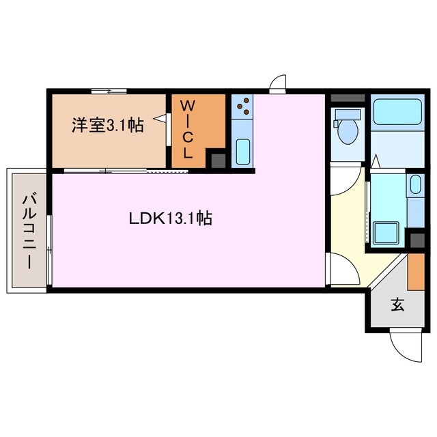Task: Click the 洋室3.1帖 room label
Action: (x=108, y=126)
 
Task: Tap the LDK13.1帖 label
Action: (x=170, y=218)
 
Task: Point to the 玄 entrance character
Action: (x=397, y=305)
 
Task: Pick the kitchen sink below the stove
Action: (x=243, y=151)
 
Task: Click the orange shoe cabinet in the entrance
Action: (x=416, y=272)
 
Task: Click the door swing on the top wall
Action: (x=278, y=84)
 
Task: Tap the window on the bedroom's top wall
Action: (x=109, y=91)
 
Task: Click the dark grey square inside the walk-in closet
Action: (x=216, y=160)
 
